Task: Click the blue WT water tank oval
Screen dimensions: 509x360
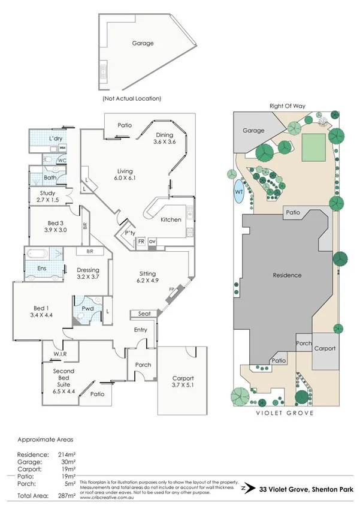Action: pyautogui.click(x=238, y=191)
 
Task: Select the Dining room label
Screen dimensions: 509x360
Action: pyautogui.click(x=164, y=135)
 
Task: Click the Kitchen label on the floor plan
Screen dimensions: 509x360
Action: pyautogui.click(x=171, y=219)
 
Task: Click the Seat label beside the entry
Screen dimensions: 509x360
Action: pyautogui.click(x=144, y=314)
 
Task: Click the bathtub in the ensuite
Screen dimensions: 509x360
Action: pyautogui.click(x=43, y=253)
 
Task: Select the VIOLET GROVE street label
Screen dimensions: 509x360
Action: pyautogui.click(x=285, y=413)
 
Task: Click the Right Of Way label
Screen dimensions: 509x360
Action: pyautogui.click(x=287, y=106)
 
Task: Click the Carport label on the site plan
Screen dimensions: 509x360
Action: pyautogui.click(x=325, y=348)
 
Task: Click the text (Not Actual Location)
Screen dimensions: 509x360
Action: pyautogui.click(x=132, y=98)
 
